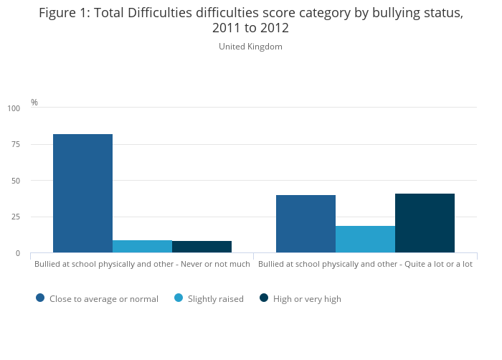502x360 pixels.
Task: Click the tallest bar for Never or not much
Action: pos(82,193)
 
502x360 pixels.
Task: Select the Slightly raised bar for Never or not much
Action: pos(142,246)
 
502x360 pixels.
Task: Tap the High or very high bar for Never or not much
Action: pos(202,247)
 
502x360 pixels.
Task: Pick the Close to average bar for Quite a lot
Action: pos(306,224)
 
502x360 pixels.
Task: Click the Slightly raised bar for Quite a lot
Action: pos(365,239)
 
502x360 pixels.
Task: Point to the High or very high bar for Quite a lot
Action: pos(425,223)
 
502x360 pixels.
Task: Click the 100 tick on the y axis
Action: pos(14,108)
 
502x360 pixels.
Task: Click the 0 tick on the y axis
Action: pos(18,253)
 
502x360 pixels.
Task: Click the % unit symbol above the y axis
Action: pos(34,103)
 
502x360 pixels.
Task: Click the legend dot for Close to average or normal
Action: pos(40,298)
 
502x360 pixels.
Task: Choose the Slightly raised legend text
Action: pos(215,299)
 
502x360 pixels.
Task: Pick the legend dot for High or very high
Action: pos(264,298)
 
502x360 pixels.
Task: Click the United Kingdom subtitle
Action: pos(250,47)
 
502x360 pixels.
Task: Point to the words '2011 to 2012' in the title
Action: pos(250,28)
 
